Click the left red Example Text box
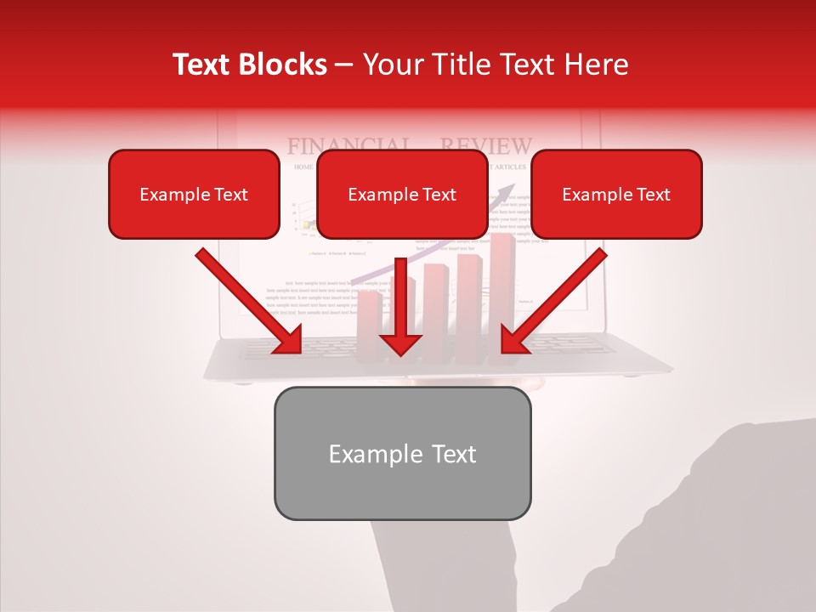[194, 194]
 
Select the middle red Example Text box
[402, 194]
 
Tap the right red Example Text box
[616, 194]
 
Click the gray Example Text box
[402, 453]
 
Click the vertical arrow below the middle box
[399, 306]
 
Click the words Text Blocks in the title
[249, 65]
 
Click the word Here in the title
[595, 65]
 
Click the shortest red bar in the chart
[369, 327]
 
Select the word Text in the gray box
[453, 454]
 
